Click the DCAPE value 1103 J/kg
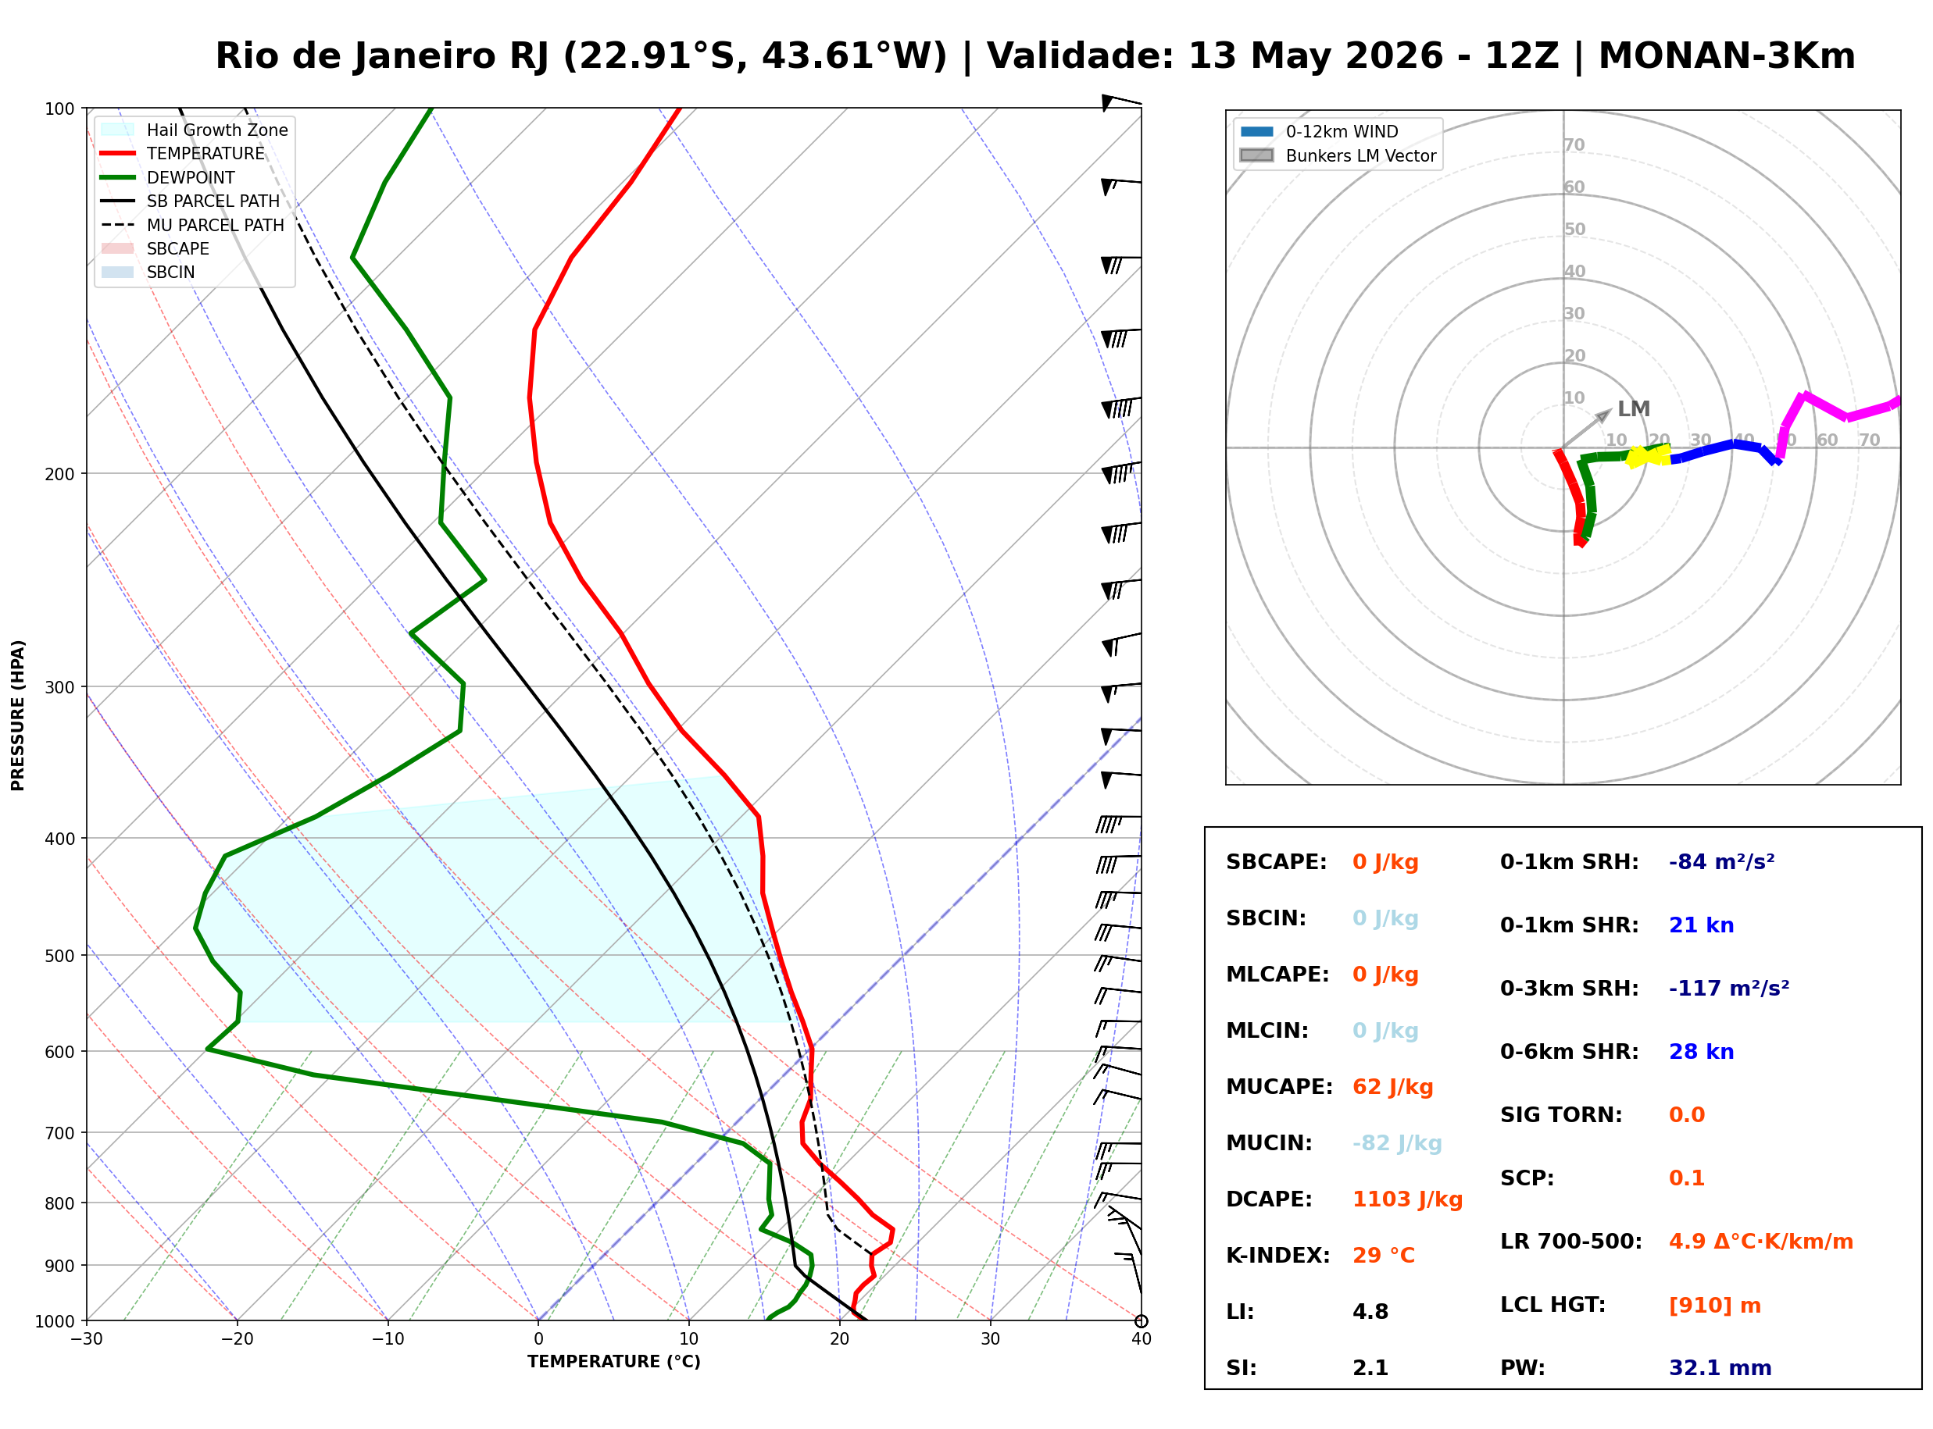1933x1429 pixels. pos(1407,1199)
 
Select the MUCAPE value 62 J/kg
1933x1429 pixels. pos(1392,1087)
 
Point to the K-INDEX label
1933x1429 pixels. pos(1277,1256)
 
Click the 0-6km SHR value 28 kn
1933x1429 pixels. pos(1701,1052)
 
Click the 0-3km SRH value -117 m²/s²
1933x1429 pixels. pos(1729,989)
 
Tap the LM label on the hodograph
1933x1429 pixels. pos(1634,409)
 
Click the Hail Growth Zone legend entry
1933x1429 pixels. pos(193,130)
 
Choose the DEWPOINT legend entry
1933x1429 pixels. pos(167,177)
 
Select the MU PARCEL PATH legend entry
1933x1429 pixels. pos(192,225)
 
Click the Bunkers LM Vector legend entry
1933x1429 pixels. pos(1337,155)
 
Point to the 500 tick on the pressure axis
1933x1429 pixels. pos(59,956)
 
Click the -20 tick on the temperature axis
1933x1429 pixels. pos(237,1339)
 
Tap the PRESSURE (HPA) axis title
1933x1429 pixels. pos(18,715)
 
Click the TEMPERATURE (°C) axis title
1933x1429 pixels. pos(613,1362)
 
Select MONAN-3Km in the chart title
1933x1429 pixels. pos(1726,56)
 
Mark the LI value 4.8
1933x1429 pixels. pos(1370,1312)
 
